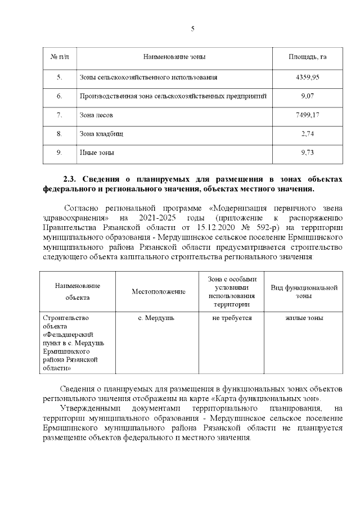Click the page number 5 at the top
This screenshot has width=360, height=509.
tap(193, 30)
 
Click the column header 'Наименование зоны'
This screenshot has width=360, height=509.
tap(174, 57)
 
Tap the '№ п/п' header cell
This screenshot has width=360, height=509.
tap(60, 57)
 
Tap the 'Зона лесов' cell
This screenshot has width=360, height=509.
tap(96, 115)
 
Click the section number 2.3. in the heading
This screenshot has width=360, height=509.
tap(72, 178)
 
